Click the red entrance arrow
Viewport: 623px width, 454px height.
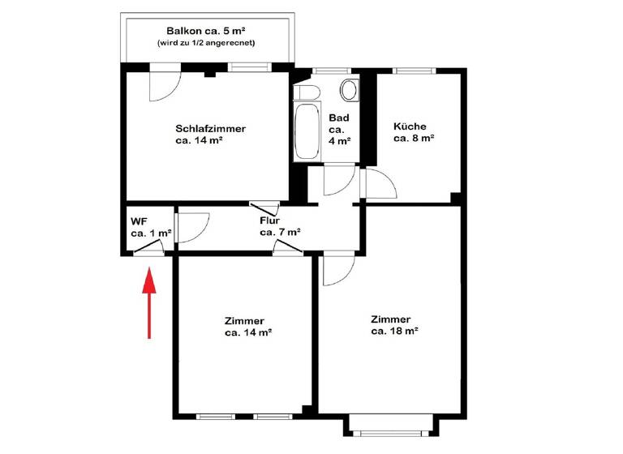click(149, 304)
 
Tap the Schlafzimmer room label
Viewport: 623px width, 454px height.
click(210, 128)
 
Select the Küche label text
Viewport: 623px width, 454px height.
click(410, 126)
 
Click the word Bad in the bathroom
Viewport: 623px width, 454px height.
click(338, 118)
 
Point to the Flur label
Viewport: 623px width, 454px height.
click(270, 221)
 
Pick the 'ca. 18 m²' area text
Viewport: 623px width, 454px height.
click(394, 331)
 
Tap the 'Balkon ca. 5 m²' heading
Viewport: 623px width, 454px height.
click(207, 29)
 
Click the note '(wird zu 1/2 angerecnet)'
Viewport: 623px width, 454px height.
click(207, 42)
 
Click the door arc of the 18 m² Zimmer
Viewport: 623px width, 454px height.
click(337, 270)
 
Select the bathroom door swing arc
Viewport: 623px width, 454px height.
click(339, 181)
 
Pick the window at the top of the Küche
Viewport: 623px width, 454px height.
click(412, 71)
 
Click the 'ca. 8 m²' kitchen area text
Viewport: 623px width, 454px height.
click(414, 139)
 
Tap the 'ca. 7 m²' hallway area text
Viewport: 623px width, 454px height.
click(280, 232)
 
